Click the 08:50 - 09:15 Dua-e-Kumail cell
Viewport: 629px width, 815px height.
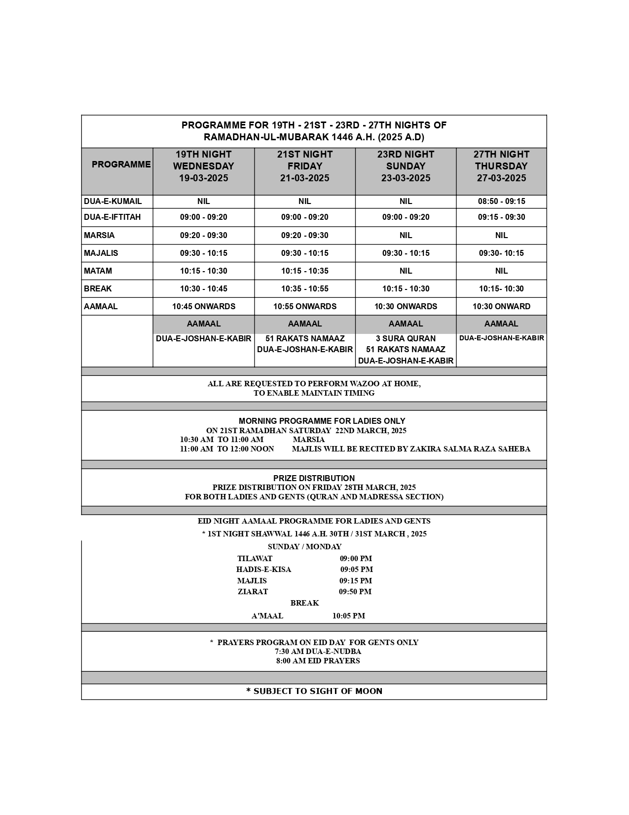click(501, 202)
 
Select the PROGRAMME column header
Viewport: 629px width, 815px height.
click(121, 164)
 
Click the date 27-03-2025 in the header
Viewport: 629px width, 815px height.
click(501, 178)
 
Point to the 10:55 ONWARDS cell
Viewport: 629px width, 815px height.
click(305, 307)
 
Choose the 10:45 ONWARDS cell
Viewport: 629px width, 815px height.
click(203, 307)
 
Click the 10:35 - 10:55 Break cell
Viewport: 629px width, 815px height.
click(305, 289)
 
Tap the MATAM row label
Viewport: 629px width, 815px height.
click(98, 271)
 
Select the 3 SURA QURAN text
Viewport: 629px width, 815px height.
click(406, 339)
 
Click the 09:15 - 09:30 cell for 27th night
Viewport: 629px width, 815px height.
click(501, 217)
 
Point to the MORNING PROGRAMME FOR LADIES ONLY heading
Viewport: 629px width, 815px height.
click(322, 421)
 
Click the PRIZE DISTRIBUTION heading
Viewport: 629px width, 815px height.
click(314, 478)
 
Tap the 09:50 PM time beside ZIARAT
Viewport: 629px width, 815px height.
click(355, 592)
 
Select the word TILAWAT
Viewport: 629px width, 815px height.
click(255, 559)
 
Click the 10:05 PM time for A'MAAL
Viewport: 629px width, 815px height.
click(349, 616)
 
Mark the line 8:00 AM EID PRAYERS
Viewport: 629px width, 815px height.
click(318, 661)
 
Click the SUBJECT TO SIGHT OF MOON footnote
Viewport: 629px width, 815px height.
click(314, 692)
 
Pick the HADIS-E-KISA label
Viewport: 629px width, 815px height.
click(263, 570)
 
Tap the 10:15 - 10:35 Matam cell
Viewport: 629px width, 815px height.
click(305, 271)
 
